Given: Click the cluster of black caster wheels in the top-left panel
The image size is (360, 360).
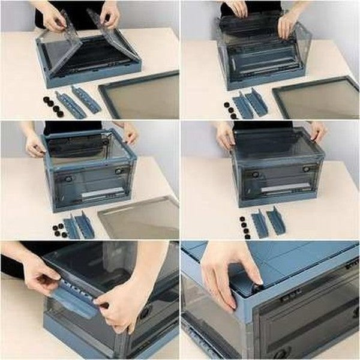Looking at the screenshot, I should pos(53,105).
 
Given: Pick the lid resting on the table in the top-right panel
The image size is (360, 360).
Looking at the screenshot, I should pos(317,98).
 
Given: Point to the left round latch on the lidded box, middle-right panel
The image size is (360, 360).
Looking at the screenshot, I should pos(256,175).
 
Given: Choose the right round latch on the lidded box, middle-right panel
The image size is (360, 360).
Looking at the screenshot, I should pos(305,169).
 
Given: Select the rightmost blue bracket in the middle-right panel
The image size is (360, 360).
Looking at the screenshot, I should pos(276,221).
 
